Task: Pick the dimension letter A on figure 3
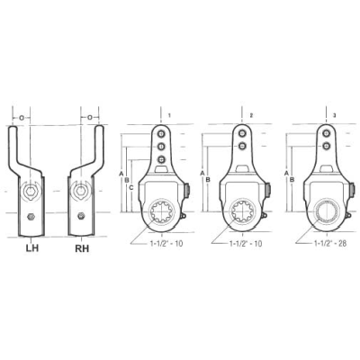[x=285, y=172]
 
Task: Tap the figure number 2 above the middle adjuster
[x=251, y=116]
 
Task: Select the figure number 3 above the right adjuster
[x=334, y=116]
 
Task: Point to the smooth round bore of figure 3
[x=325, y=214]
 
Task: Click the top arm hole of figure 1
[x=161, y=134]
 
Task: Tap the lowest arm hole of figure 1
[x=161, y=159]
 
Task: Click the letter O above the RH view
[x=87, y=117]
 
